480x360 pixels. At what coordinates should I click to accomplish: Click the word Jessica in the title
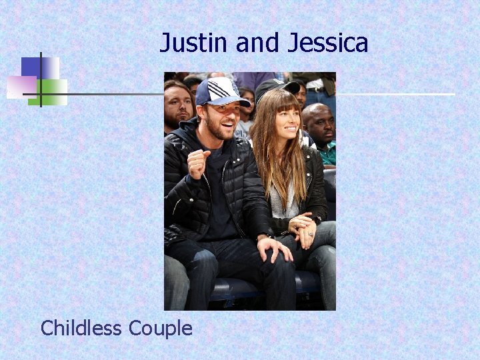pyautogui.click(x=328, y=43)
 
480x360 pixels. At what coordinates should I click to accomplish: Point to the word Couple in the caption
pyautogui.click(x=160, y=328)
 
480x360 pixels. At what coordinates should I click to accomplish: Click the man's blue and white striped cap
pyautogui.click(x=220, y=91)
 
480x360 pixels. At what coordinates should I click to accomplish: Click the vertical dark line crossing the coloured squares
pyautogui.click(x=41, y=80)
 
